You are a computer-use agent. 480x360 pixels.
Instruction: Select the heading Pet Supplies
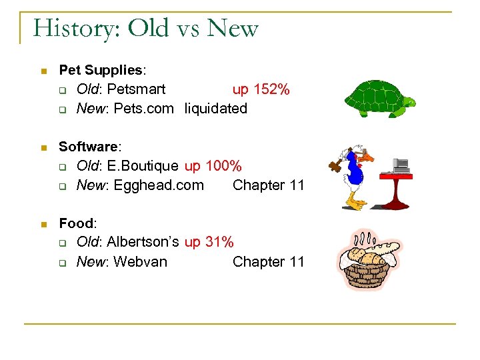[101, 70]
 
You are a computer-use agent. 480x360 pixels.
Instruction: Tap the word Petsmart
[136, 89]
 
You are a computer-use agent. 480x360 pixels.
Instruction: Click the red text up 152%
[261, 89]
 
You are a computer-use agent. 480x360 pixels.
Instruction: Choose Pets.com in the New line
[143, 109]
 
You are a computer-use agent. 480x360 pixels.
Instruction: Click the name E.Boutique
[142, 166]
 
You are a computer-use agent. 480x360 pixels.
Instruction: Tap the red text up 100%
[213, 166]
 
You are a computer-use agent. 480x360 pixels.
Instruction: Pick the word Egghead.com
[159, 185]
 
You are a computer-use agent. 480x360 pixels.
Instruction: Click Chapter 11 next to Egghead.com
[268, 185]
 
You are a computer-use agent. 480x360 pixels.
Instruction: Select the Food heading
[77, 223]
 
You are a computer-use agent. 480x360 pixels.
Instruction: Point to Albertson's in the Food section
[142, 243]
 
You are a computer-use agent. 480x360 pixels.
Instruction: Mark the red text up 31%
[209, 243]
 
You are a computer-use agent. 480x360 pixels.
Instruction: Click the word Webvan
[140, 262]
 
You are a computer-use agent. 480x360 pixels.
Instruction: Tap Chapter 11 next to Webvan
[268, 262]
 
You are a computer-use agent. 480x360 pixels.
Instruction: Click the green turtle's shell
[373, 97]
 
